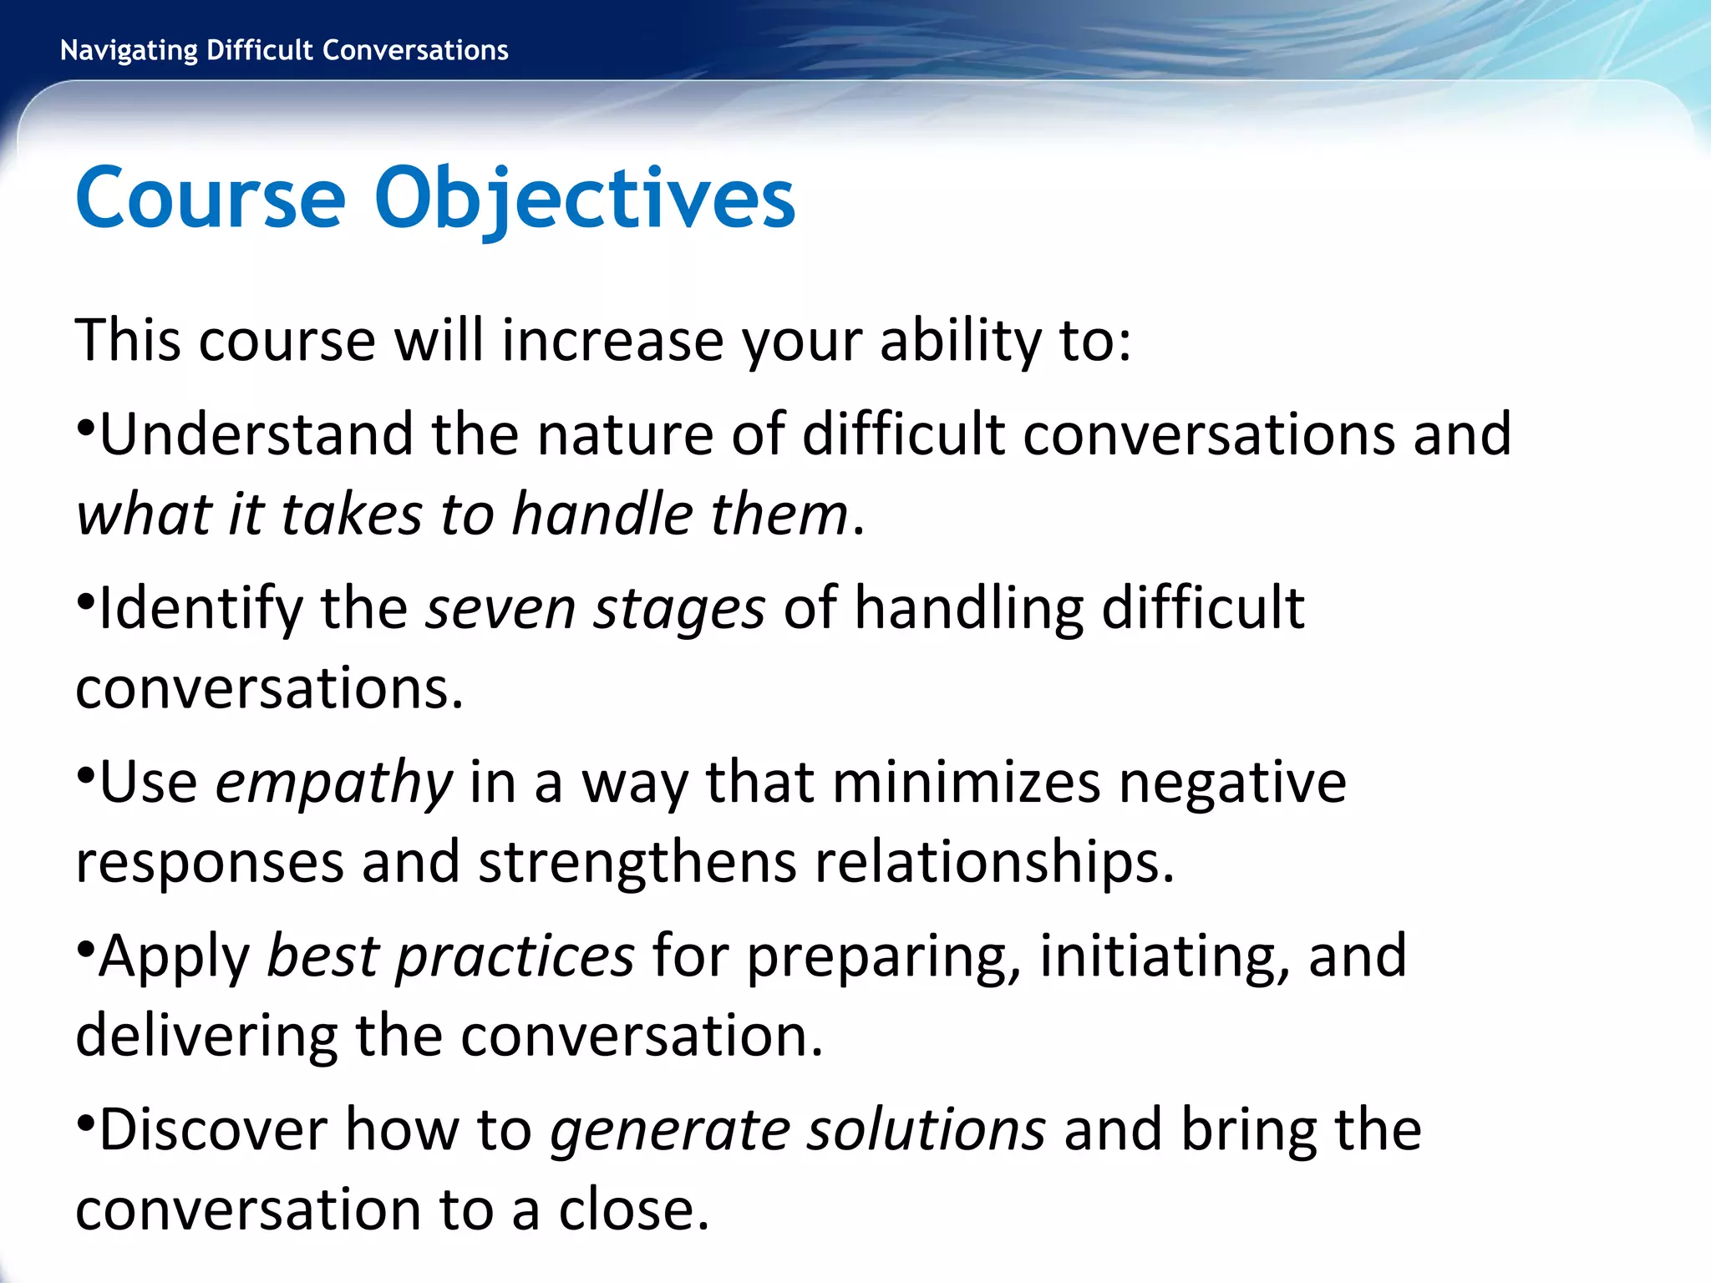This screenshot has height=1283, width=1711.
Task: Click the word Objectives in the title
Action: (585, 199)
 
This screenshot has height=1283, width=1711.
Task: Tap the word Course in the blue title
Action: (210, 199)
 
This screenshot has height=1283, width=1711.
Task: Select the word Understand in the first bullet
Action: (256, 434)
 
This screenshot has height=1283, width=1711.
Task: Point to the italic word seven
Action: (500, 608)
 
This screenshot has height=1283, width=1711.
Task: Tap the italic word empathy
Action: (333, 783)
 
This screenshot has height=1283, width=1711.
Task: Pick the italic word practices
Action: (515, 956)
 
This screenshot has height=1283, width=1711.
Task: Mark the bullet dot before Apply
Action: (85, 949)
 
